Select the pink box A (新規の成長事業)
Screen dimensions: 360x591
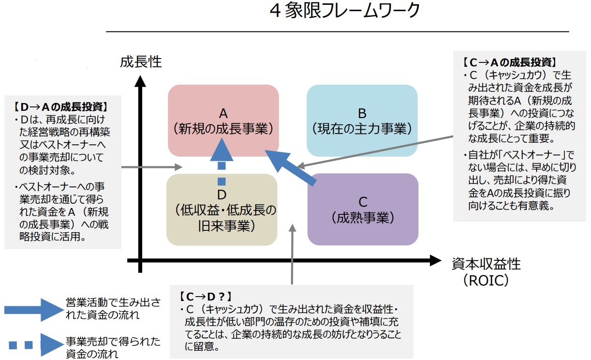(223, 120)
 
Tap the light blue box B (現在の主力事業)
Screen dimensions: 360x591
(362, 120)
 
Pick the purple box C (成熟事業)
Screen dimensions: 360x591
(363, 209)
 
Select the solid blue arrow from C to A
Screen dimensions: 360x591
(290, 167)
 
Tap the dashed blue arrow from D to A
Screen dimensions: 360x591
(222, 160)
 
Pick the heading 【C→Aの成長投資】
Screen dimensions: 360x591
(508, 62)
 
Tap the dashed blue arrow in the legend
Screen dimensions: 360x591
(31, 345)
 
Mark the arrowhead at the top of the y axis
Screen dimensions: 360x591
(140, 81)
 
